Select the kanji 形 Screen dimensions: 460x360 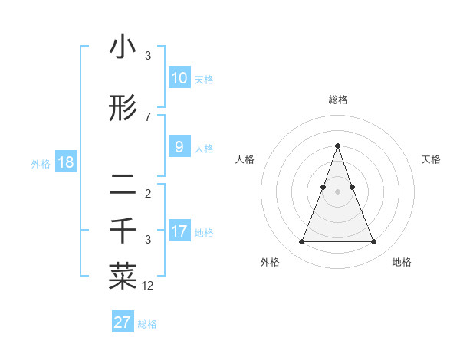pos(123,108)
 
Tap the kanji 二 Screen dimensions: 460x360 pos(123,183)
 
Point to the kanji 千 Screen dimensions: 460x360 pos(123,231)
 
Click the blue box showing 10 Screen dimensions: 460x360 pos(179,78)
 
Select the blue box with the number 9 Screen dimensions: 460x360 pos(179,147)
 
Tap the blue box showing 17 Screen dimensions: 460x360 pos(179,231)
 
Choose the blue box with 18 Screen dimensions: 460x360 pos(65,162)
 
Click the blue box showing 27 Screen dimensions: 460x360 pos(123,322)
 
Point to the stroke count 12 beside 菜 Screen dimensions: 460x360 pos(148,286)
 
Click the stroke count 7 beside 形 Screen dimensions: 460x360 pos(148,116)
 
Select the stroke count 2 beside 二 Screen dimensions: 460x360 pos(148,193)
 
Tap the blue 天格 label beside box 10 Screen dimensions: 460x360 pos(204,80)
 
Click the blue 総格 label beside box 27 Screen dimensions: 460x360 pos(147,324)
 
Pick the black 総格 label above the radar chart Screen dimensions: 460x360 pos(337,100)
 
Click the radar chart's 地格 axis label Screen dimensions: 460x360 pos(402,263)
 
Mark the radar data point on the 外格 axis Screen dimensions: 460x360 pos(301,242)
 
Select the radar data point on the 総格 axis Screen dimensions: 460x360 pos(337,146)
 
